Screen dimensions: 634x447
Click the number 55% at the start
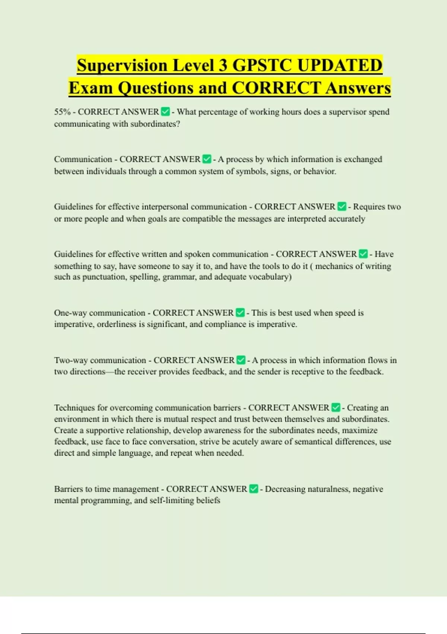point(62,112)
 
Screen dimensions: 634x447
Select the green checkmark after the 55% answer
point(165,112)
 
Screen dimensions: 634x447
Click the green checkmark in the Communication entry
point(207,159)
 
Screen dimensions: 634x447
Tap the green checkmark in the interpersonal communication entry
point(342,207)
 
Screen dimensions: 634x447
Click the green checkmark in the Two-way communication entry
point(241,360)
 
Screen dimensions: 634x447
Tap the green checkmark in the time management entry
point(254,489)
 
